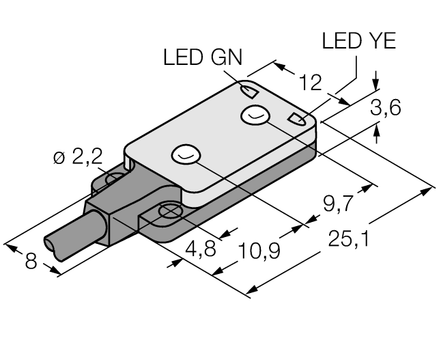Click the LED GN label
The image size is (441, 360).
click(202, 57)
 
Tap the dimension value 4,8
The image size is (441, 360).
click(201, 250)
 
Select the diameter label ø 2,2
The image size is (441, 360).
click(77, 158)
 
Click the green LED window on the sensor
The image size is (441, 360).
click(249, 90)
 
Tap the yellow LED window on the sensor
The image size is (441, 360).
click(298, 120)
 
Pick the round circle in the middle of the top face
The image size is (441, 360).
click(185, 156)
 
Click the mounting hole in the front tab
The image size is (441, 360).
click(167, 212)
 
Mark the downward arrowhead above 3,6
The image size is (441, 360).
click(376, 84)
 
